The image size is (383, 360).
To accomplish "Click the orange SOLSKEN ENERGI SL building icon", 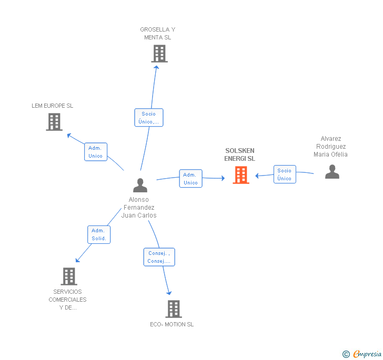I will [241, 175].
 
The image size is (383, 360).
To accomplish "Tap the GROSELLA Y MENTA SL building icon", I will [159, 54].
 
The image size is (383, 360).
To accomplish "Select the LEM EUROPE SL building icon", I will [54, 122].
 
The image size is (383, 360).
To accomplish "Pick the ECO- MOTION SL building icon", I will [174, 309].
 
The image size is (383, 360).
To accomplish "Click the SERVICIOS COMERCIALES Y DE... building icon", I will [68, 276].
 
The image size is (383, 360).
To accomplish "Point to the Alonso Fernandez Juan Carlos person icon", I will [140, 185].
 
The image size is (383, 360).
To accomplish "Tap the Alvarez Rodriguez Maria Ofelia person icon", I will [332, 172].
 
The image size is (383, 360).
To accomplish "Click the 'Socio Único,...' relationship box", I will [149, 118].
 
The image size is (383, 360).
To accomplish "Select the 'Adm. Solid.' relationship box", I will [99, 234].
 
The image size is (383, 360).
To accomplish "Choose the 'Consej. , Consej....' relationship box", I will [159, 257].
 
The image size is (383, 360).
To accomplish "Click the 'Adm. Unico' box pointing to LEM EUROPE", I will [96, 152].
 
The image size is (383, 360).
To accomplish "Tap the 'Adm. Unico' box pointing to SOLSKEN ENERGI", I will [190, 179].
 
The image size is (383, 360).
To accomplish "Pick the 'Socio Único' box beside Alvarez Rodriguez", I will [285, 174].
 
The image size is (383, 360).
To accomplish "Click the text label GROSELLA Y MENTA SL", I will [158, 34].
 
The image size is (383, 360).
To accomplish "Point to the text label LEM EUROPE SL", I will [53, 106].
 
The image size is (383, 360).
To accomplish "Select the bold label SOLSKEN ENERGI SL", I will [239, 155].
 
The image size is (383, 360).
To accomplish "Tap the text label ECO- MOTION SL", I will [172, 324].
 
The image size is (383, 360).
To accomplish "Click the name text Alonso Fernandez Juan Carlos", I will [139, 208].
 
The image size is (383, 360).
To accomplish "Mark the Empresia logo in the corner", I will [362, 354].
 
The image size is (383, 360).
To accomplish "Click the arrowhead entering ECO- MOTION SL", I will [169, 293].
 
